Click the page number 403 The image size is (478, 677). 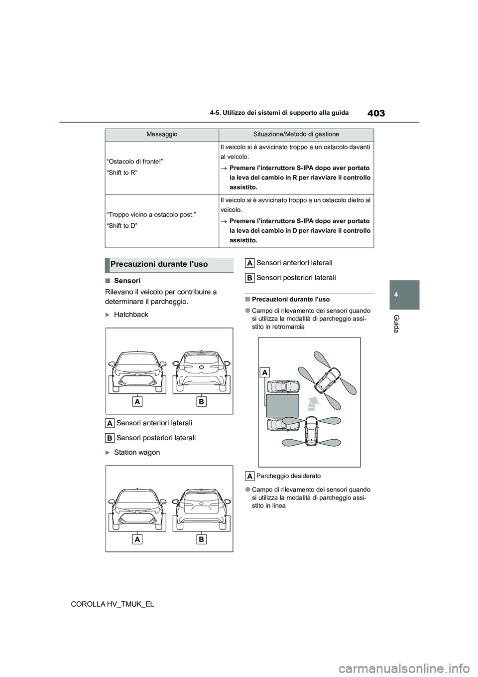click(377, 113)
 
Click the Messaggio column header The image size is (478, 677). click(162, 134)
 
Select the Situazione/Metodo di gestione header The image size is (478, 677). click(296, 134)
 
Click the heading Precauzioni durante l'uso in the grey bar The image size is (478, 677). click(159, 264)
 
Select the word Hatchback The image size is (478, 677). click(131, 315)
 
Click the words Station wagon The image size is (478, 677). click(137, 452)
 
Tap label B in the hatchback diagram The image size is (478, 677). click(202, 402)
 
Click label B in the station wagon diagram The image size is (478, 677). click(202, 539)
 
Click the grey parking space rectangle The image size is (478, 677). click(282, 405)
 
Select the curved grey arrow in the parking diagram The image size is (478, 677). click(312, 403)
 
